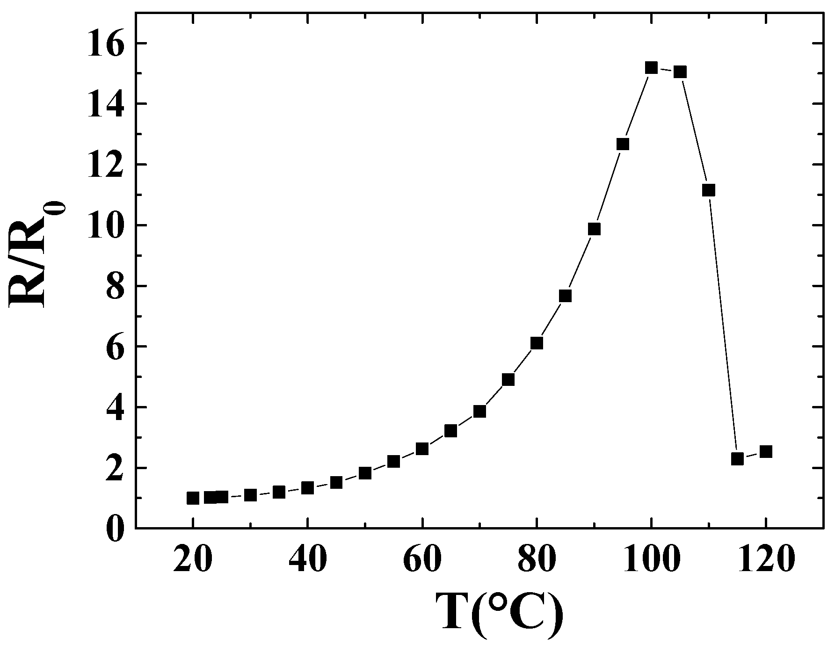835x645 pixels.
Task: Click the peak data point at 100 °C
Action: click(x=651, y=68)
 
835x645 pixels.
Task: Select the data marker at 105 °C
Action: click(x=680, y=72)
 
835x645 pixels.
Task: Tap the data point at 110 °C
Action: click(x=709, y=190)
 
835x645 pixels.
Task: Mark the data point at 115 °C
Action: click(x=737, y=458)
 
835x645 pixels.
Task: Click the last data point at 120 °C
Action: click(x=766, y=452)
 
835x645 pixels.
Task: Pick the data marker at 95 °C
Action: click(x=623, y=144)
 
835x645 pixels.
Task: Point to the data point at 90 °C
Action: click(x=594, y=229)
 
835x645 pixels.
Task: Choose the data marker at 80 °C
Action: click(x=537, y=343)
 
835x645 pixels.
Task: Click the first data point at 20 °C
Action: click(x=193, y=498)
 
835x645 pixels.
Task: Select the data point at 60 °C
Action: click(x=422, y=449)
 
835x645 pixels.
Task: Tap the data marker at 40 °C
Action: click(x=307, y=488)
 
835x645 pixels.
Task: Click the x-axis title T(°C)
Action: click(x=499, y=614)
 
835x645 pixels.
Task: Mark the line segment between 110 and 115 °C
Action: click(x=723, y=324)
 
